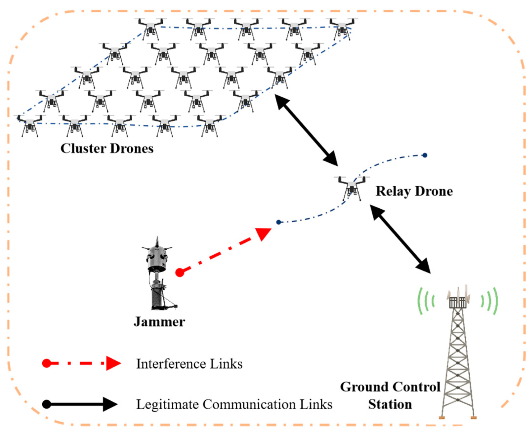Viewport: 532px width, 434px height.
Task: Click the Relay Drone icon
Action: click(x=352, y=188)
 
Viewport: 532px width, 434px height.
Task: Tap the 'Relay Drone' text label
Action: click(x=414, y=191)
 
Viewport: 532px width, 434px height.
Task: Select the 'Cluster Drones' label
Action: click(x=107, y=148)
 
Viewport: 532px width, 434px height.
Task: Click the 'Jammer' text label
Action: click(x=159, y=322)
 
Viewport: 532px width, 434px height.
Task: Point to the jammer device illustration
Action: click(x=158, y=275)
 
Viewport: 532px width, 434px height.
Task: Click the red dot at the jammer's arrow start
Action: click(x=180, y=272)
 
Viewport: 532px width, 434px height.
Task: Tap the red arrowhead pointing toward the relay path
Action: click(x=263, y=233)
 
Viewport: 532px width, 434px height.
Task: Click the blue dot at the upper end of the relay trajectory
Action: click(x=425, y=155)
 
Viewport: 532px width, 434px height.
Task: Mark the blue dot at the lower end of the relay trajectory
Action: click(x=279, y=222)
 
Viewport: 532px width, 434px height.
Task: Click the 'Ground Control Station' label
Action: click(x=390, y=395)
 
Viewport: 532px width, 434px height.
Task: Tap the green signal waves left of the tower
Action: click(x=426, y=301)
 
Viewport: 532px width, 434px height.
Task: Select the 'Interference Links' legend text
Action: click(x=189, y=364)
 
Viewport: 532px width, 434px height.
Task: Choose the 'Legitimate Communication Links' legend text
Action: click(x=234, y=404)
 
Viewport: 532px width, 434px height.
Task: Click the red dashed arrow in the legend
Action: click(x=81, y=363)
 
